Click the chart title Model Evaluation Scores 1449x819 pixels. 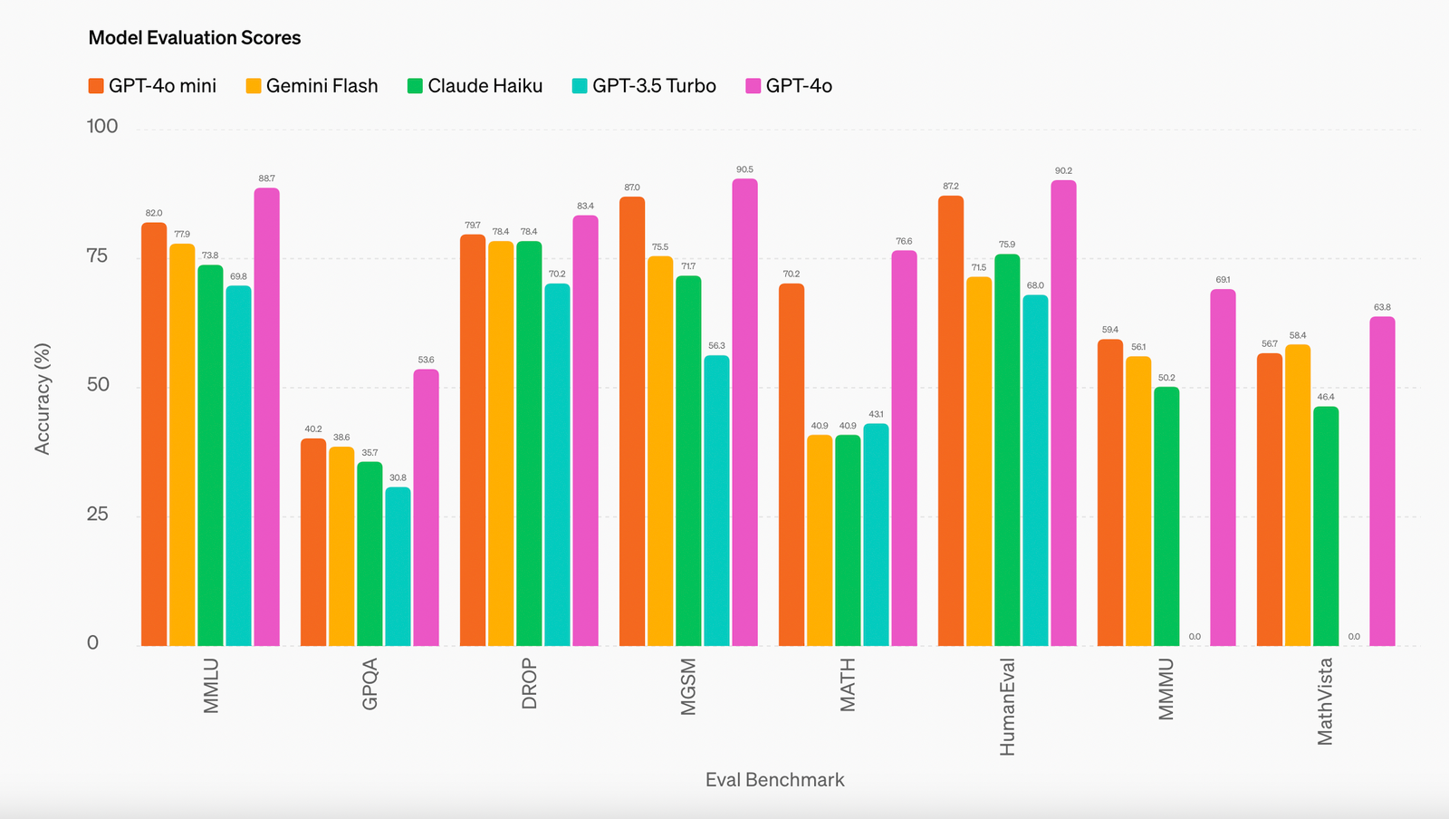point(194,38)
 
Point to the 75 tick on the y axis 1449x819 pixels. point(97,256)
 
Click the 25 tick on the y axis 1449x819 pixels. point(97,515)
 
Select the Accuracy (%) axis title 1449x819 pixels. point(43,399)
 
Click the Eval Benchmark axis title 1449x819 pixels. point(774,780)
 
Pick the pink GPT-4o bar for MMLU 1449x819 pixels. point(266,417)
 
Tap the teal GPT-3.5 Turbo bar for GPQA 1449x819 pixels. point(398,566)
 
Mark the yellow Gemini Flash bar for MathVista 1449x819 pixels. point(1298,495)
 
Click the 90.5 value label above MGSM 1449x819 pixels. point(744,169)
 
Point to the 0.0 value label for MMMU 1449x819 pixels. point(1195,637)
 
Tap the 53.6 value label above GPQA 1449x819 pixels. point(426,360)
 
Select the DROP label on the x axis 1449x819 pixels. point(530,685)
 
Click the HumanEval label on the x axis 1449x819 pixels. point(1007,707)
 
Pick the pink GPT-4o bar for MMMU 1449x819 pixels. point(1223,467)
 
